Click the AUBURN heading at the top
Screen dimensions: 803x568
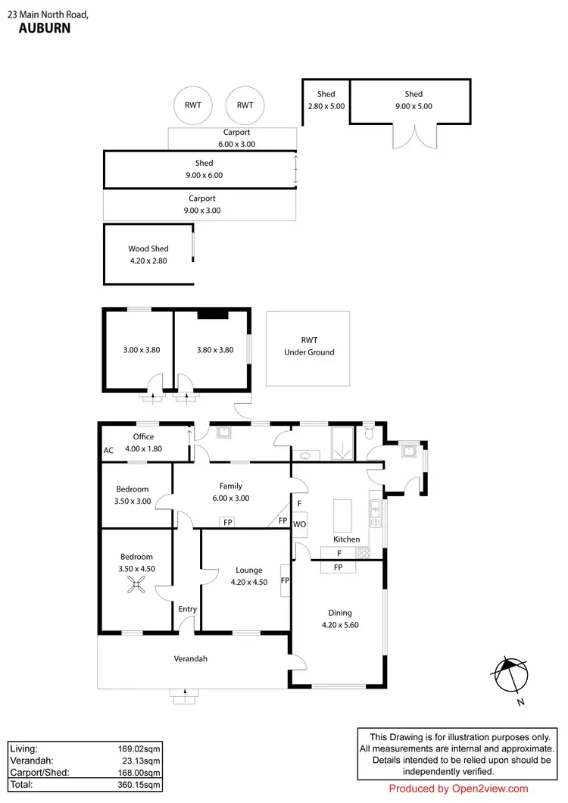pyautogui.click(x=44, y=28)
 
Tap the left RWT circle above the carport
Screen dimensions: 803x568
pyautogui.click(x=192, y=105)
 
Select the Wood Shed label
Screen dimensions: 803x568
pyautogui.click(x=148, y=248)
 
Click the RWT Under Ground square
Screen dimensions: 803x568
pyautogui.click(x=308, y=347)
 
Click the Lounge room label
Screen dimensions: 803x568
pyautogui.click(x=248, y=570)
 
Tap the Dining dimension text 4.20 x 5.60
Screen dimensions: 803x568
pyautogui.click(x=339, y=626)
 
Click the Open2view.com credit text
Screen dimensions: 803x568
pyautogui.click(x=458, y=789)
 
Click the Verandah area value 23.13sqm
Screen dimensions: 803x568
pyautogui.click(x=140, y=761)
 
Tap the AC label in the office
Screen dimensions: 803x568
pyautogui.click(x=108, y=450)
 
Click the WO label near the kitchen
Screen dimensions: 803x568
pyautogui.click(x=299, y=524)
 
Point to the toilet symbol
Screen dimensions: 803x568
pyautogui.click(x=369, y=433)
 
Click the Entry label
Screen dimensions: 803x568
pyautogui.click(x=187, y=609)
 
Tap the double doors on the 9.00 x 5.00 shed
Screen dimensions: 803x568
pyautogui.click(x=414, y=136)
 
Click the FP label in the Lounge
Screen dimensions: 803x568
pyautogui.click(x=285, y=581)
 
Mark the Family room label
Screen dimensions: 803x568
pyautogui.click(x=231, y=486)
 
